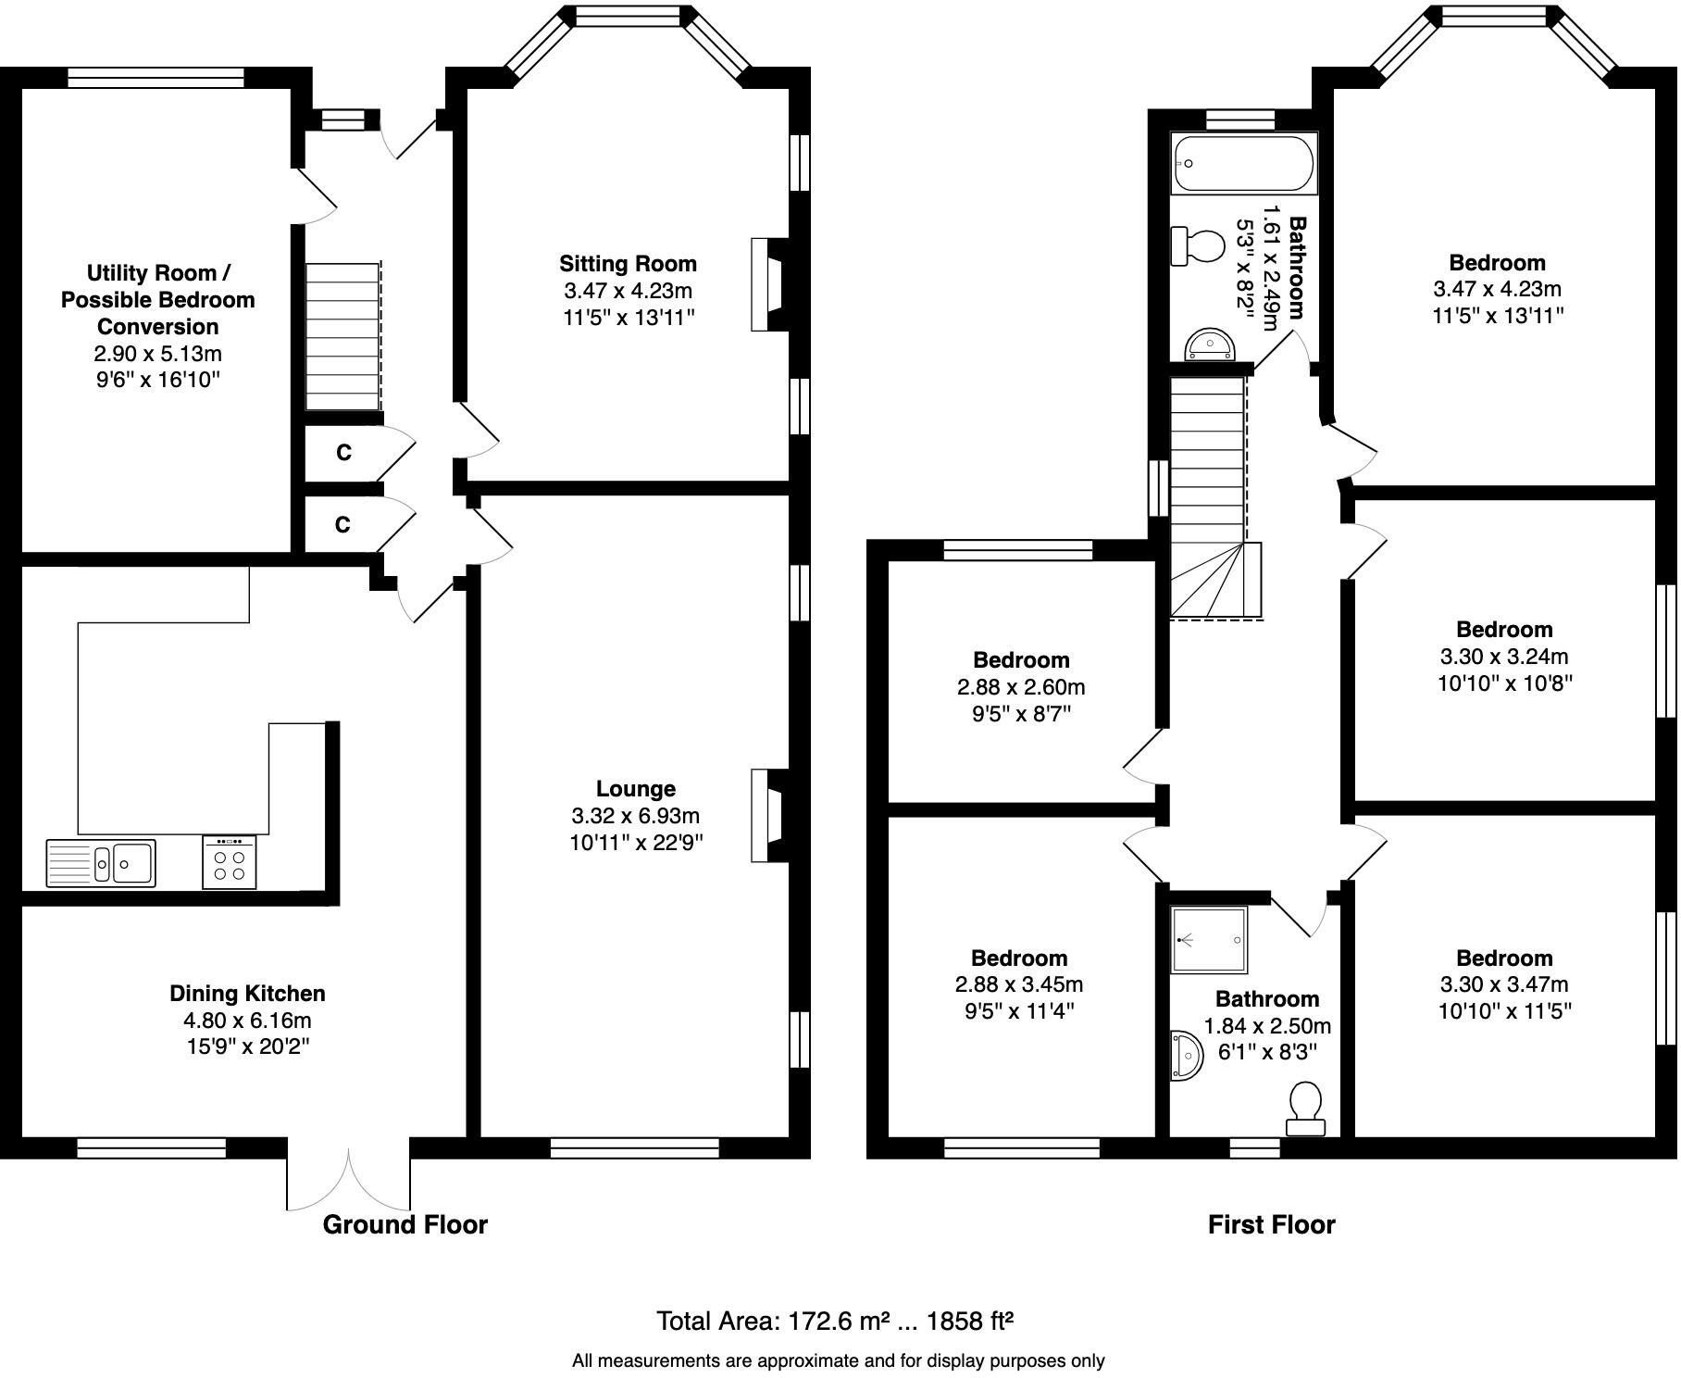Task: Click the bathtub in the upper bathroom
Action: (x=1243, y=164)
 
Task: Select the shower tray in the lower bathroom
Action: (x=1209, y=940)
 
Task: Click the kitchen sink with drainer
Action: (x=101, y=862)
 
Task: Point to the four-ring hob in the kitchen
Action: (x=229, y=863)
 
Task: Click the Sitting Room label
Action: (x=628, y=264)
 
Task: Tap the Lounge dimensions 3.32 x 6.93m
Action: (x=635, y=816)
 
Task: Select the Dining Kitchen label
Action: (x=247, y=994)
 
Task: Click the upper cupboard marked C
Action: (x=343, y=453)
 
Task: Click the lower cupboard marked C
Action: (x=342, y=525)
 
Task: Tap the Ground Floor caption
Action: (x=405, y=1224)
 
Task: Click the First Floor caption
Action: (x=1271, y=1224)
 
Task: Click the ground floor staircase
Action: (x=342, y=336)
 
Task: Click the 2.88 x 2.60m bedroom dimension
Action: (x=1021, y=687)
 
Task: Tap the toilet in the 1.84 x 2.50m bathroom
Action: (x=1305, y=1107)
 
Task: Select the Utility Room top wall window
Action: (x=156, y=78)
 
